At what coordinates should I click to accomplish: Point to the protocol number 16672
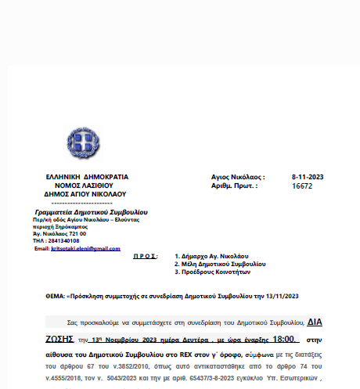302,187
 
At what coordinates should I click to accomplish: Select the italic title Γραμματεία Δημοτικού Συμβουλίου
92,212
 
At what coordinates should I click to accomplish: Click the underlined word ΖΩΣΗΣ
59,340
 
